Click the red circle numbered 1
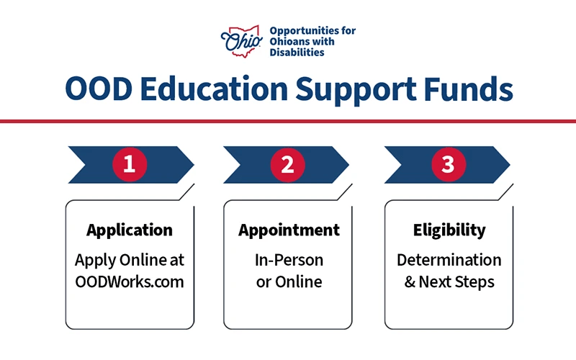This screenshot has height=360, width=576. pyautogui.click(x=130, y=165)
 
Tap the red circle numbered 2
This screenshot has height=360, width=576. pyautogui.click(x=288, y=165)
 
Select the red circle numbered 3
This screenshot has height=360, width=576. pyautogui.click(x=448, y=165)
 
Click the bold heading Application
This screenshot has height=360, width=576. pyautogui.click(x=130, y=230)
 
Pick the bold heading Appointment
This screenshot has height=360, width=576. pyautogui.click(x=289, y=230)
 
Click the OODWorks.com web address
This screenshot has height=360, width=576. pyautogui.click(x=130, y=282)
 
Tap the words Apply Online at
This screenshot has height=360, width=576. pyautogui.click(x=130, y=260)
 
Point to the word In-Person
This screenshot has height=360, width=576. pyautogui.click(x=289, y=260)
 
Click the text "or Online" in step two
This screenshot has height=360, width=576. pyautogui.click(x=289, y=282)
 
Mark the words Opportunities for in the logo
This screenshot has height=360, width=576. pyautogui.click(x=312, y=31)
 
